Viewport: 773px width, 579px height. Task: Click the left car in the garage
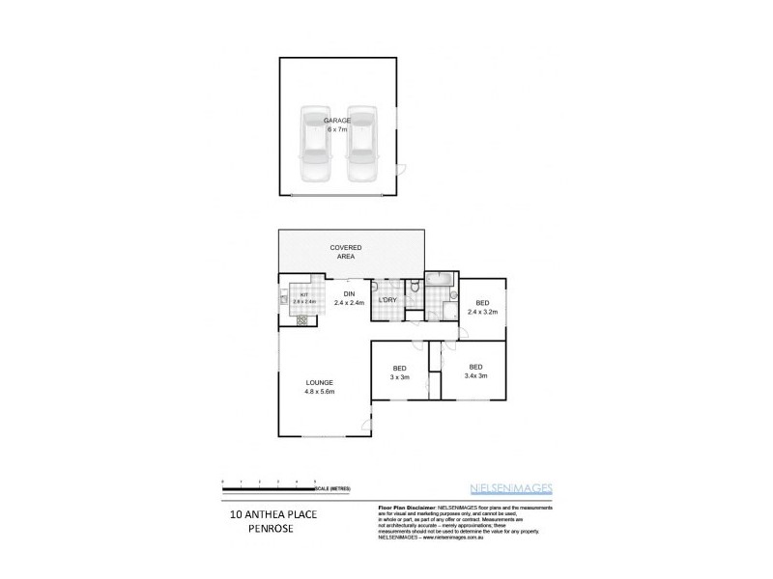coord(315,145)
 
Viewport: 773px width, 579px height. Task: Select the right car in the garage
coord(361,145)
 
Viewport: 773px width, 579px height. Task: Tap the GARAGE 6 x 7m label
coord(337,124)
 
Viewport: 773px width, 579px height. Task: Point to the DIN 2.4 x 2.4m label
coord(349,298)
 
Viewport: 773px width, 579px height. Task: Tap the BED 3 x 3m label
coord(398,372)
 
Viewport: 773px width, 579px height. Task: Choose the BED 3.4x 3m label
coord(475,372)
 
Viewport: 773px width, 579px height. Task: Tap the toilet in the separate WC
coord(414,286)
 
